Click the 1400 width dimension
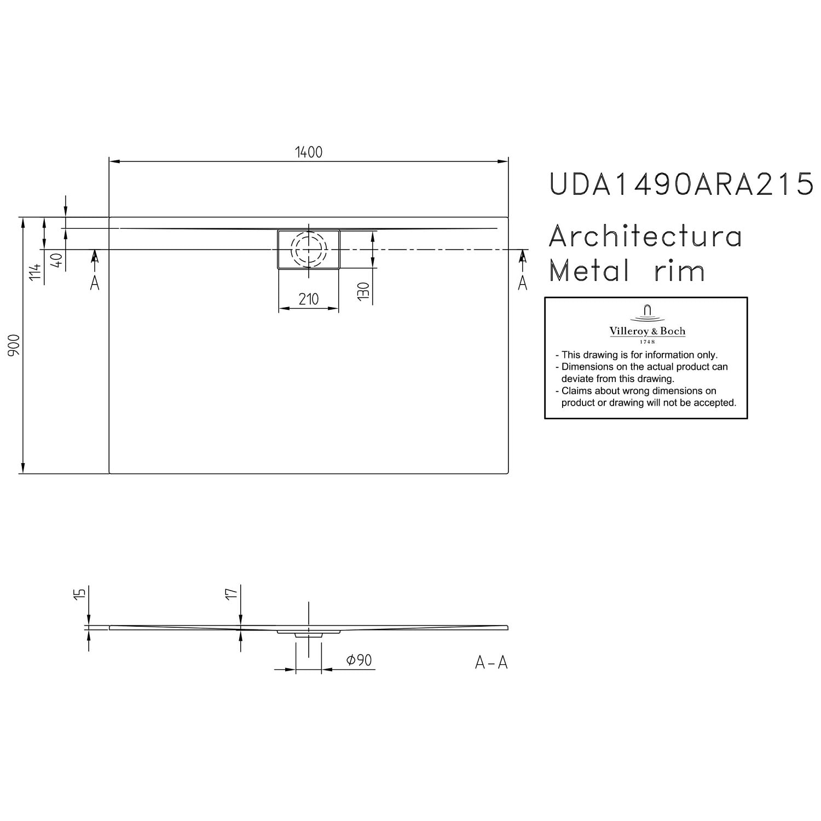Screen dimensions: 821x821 click(309, 152)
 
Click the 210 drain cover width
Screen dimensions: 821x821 click(309, 299)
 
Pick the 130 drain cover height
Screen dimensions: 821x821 click(365, 292)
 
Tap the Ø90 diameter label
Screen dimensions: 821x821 click(359, 660)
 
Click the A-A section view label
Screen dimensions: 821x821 click(492, 663)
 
